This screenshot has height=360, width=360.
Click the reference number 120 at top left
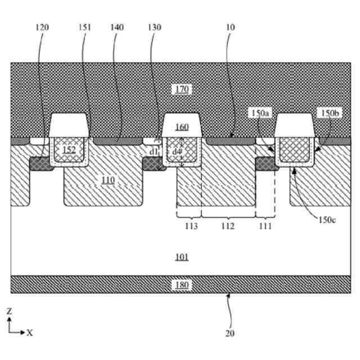pos(42,27)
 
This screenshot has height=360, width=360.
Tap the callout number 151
pos(85,27)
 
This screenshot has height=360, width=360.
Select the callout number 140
pos(116,27)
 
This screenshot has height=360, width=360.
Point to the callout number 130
pos(154,27)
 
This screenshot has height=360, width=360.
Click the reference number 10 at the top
pos(231,27)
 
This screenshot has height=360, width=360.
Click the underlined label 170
pos(182,89)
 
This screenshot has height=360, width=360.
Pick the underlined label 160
pos(182,127)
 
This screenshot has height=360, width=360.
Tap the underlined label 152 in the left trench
pos(69,150)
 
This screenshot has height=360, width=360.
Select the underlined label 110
pos(108,180)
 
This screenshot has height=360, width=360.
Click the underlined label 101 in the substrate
pos(182,257)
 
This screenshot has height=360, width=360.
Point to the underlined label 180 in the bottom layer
pos(182,285)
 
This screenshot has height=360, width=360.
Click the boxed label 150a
pos(260,114)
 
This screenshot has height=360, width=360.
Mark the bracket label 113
pos(191,226)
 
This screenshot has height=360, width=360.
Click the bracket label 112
pos(227,226)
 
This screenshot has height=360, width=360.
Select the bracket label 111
pos(265,226)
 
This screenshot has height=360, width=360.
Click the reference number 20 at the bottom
pos(229,333)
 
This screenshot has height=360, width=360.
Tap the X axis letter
pos(30,332)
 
